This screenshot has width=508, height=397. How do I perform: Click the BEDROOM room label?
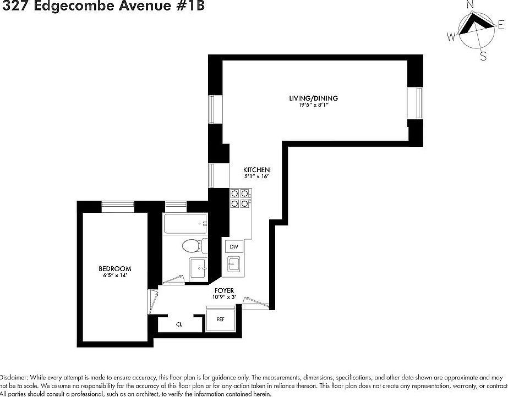tap(114, 268)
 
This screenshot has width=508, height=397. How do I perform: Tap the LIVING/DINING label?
tap(313, 98)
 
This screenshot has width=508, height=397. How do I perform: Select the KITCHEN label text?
tap(256, 170)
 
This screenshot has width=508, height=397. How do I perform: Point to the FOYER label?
tap(225, 290)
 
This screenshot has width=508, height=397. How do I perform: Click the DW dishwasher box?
tap(234, 247)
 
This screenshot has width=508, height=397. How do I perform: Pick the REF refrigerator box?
tap(220, 319)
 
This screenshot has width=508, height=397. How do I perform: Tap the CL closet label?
tap(179, 324)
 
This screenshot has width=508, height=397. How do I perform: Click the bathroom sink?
tap(198, 268)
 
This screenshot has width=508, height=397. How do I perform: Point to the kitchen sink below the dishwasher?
tap(233, 264)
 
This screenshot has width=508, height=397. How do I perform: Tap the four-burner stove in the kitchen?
tap(239, 198)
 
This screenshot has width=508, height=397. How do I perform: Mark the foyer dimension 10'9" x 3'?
tap(225, 297)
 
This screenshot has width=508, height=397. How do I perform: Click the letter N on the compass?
tap(470, 5)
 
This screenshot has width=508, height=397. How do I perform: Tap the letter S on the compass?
tap(483, 56)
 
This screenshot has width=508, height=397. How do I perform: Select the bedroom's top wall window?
tap(118, 206)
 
